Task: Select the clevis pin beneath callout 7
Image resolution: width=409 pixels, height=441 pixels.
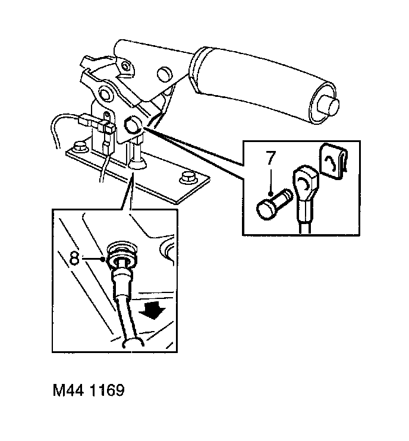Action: [x=273, y=206]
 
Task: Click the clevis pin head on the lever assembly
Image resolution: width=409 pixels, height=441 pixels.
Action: [x=132, y=125]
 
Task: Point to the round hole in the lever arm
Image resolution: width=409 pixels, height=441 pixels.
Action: [x=162, y=74]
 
